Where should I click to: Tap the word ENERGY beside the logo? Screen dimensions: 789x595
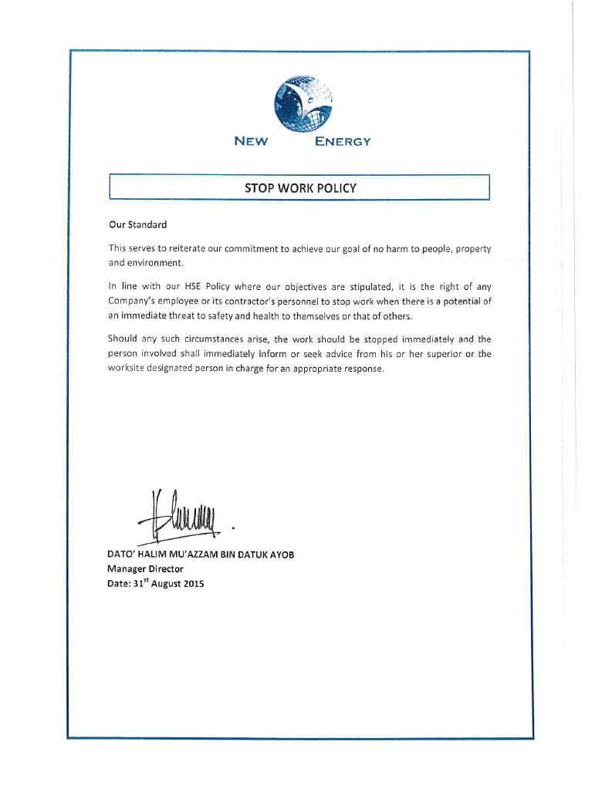[x=343, y=141]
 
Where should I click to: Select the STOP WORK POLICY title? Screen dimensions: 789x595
[x=300, y=187]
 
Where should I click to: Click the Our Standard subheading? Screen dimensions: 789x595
[x=137, y=225]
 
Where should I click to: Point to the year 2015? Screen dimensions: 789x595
[x=194, y=584]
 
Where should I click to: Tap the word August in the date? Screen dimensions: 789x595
[x=164, y=584]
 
